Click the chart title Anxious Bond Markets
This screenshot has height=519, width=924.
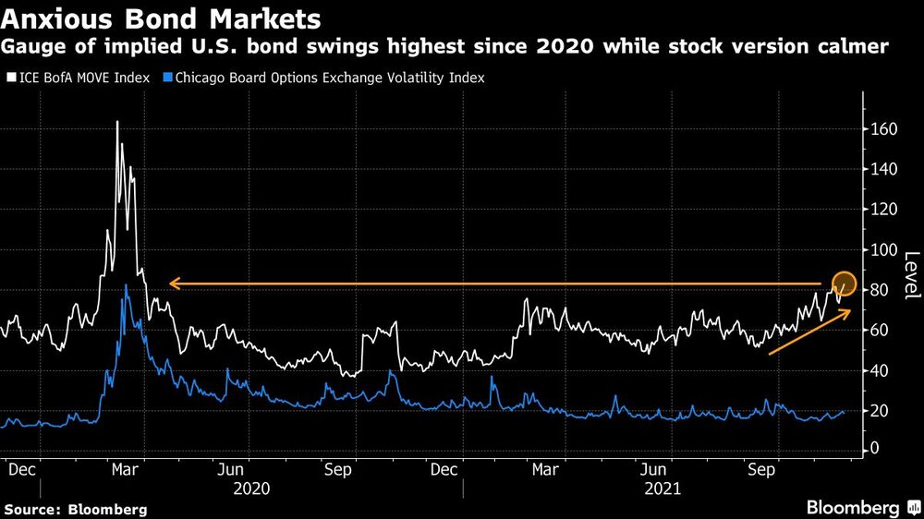pyautogui.click(x=163, y=18)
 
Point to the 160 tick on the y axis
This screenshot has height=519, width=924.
pyautogui.click(x=884, y=129)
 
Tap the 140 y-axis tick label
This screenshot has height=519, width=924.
pyautogui.click(x=884, y=169)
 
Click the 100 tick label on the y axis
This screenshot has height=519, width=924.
pyautogui.click(x=884, y=249)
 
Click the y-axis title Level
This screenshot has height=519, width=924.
pyautogui.click(x=910, y=275)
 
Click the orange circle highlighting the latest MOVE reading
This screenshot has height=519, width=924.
pyautogui.click(x=845, y=284)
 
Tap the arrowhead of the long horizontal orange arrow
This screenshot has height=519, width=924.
pyautogui.click(x=173, y=284)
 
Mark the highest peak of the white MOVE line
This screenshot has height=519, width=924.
pyautogui.click(x=117, y=122)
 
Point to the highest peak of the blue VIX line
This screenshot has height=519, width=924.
pyautogui.click(x=126, y=285)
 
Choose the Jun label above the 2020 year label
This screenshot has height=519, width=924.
pyautogui.click(x=242, y=469)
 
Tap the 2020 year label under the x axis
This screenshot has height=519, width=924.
pyautogui.click(x=251, y=488)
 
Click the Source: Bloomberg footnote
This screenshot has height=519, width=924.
pyautogui.click(x=76, y=509)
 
